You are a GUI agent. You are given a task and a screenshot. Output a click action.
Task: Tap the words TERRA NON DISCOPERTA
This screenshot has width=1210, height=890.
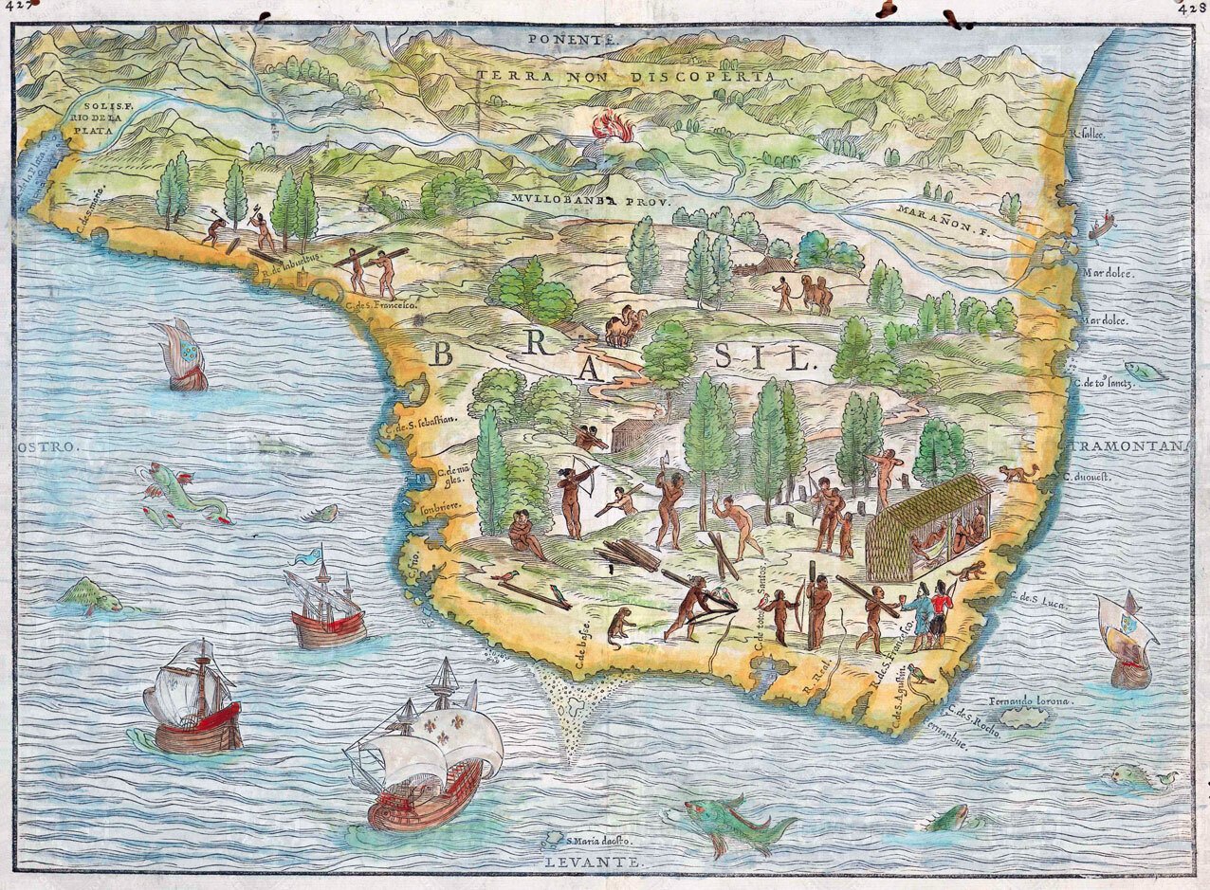[x=626, y=76]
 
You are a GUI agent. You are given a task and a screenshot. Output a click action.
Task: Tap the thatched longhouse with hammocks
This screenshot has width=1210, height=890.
[x=927, y=527]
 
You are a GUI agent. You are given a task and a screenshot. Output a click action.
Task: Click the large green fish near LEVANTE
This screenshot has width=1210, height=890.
[x=730, y=821]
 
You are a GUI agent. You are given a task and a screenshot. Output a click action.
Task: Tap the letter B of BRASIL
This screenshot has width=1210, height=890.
[x=443, y=354]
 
